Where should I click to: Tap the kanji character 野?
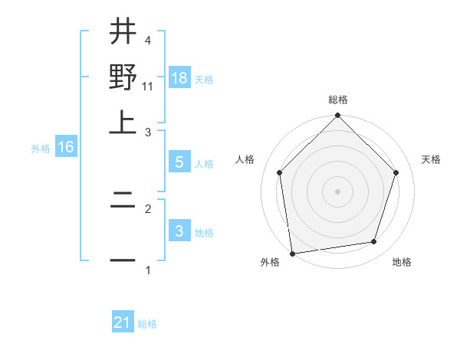coord(123,77)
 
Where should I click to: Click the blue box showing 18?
coord(179,78)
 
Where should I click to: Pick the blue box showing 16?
coord(66,147)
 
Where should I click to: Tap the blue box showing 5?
coord(179,162)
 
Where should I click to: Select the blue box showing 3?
coord(179,231)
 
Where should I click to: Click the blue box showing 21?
coord(123,322)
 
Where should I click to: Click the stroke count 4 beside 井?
coord(147,40)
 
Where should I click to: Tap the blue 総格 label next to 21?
coord(147,324)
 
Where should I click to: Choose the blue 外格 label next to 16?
coord(41,149)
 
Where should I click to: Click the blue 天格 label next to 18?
coord(204,80)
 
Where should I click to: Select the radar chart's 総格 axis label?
coord(337,100)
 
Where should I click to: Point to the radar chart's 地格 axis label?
coord(402,263)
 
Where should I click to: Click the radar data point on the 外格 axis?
coord(292,253)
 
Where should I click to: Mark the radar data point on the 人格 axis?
coord(280,172)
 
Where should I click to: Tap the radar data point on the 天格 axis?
coord(396,172)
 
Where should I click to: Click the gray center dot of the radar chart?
coord(337,191)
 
